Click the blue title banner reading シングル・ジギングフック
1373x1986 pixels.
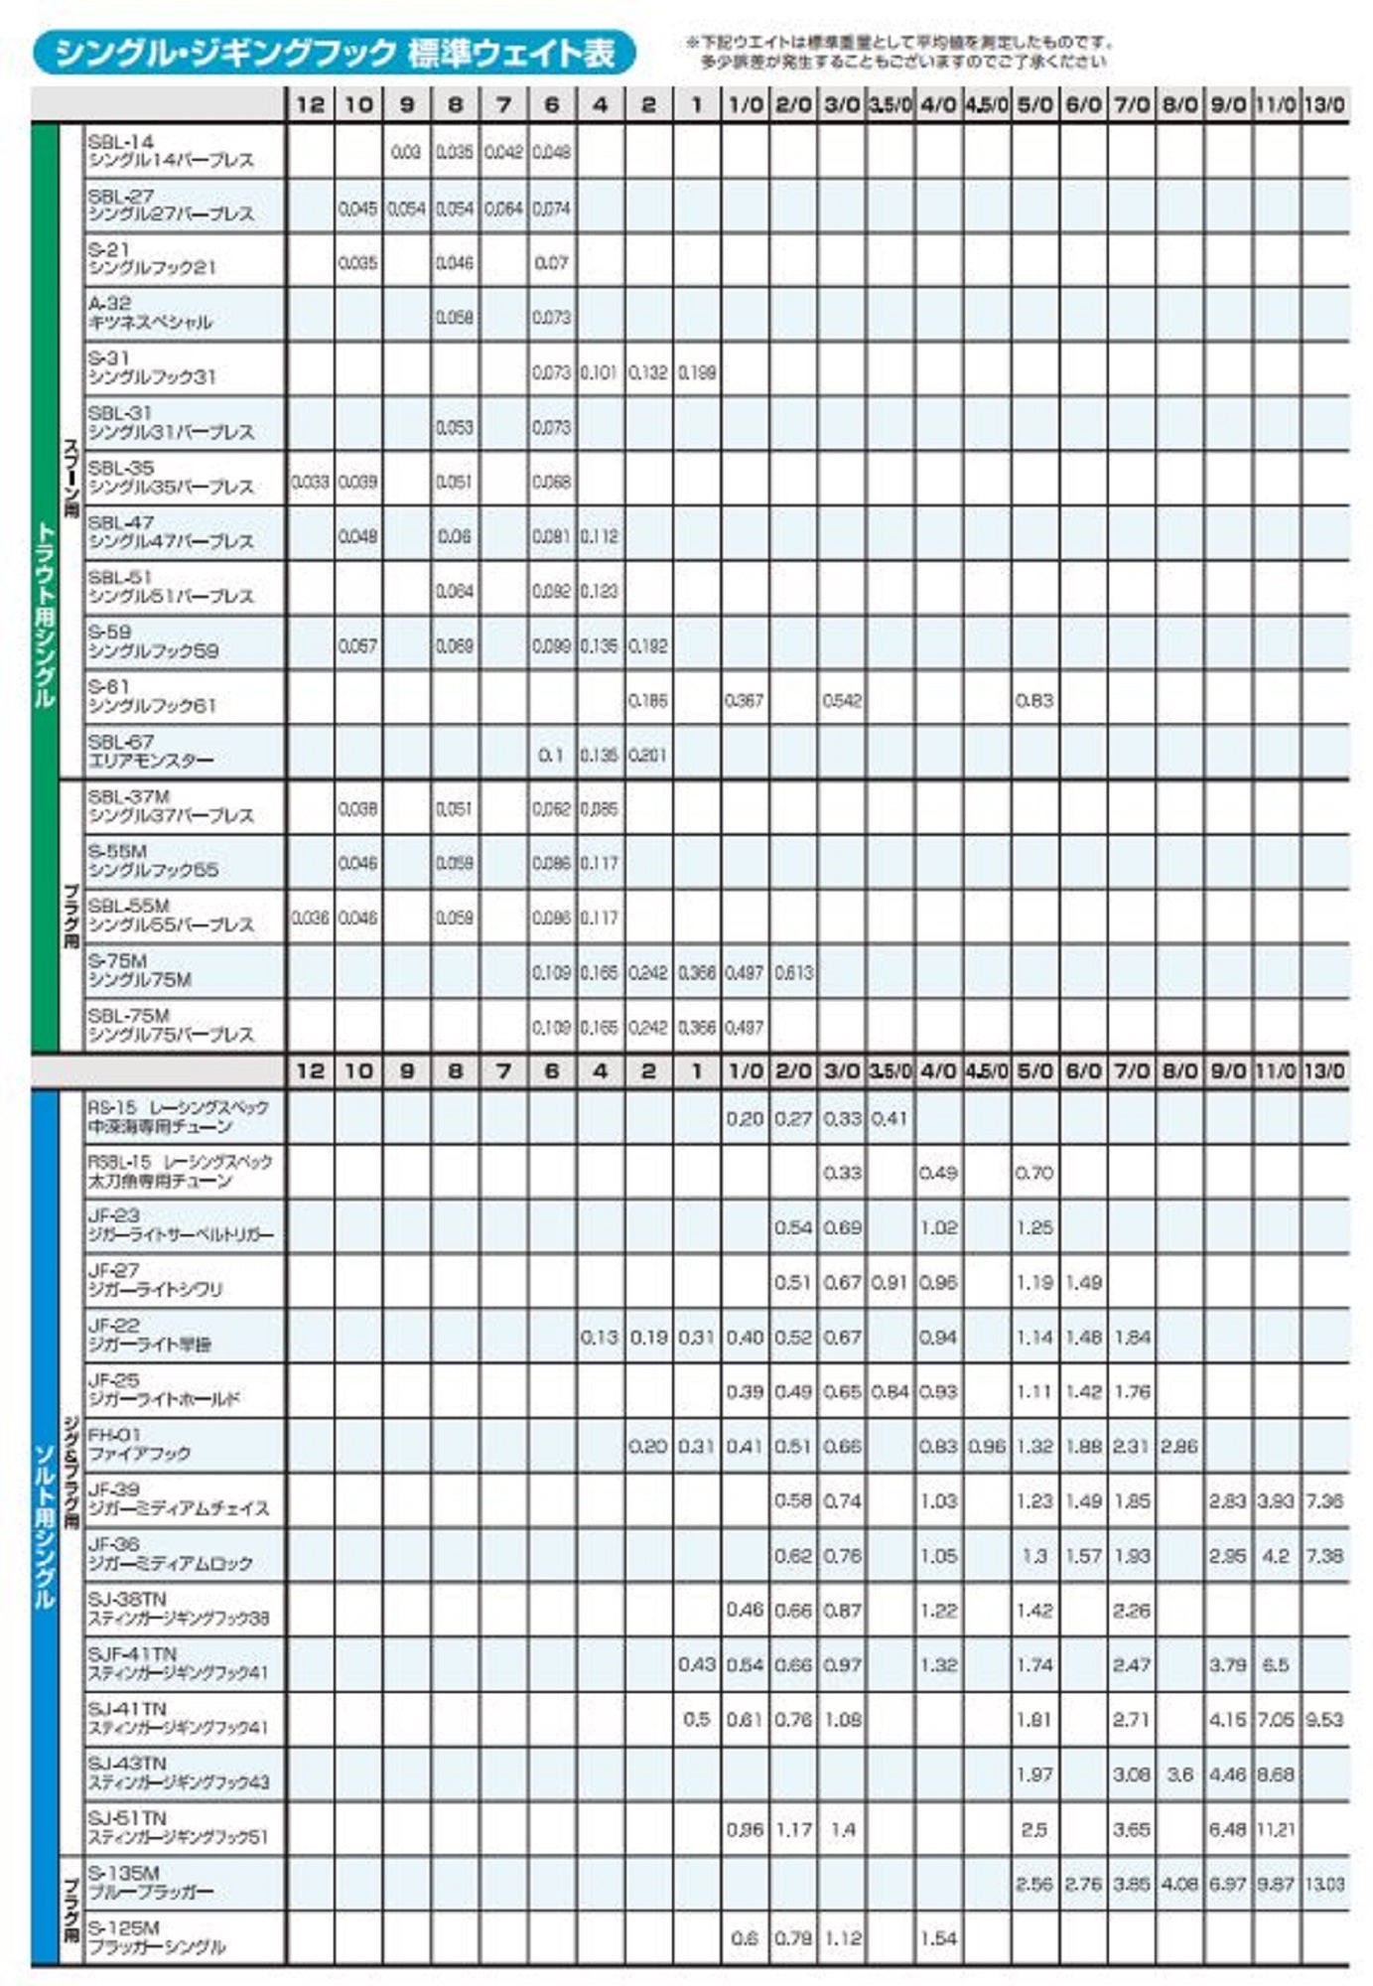334,53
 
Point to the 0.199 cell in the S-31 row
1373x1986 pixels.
697,373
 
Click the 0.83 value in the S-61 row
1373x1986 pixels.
1033,701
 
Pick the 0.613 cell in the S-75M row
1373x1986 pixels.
793,973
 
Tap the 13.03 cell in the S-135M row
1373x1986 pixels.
1324,1884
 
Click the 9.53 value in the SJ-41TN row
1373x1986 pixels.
1324,1720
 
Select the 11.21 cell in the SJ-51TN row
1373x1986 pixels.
1276,1829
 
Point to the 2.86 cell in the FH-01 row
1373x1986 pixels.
1178,1447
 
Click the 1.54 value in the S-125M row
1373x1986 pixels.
937,1938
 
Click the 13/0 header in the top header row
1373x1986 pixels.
1324,104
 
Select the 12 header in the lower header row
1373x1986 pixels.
310,1070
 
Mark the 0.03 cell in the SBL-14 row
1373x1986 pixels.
405,153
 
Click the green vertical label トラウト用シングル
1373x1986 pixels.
45,616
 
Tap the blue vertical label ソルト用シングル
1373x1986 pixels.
45,1529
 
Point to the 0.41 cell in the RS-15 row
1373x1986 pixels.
890,1119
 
